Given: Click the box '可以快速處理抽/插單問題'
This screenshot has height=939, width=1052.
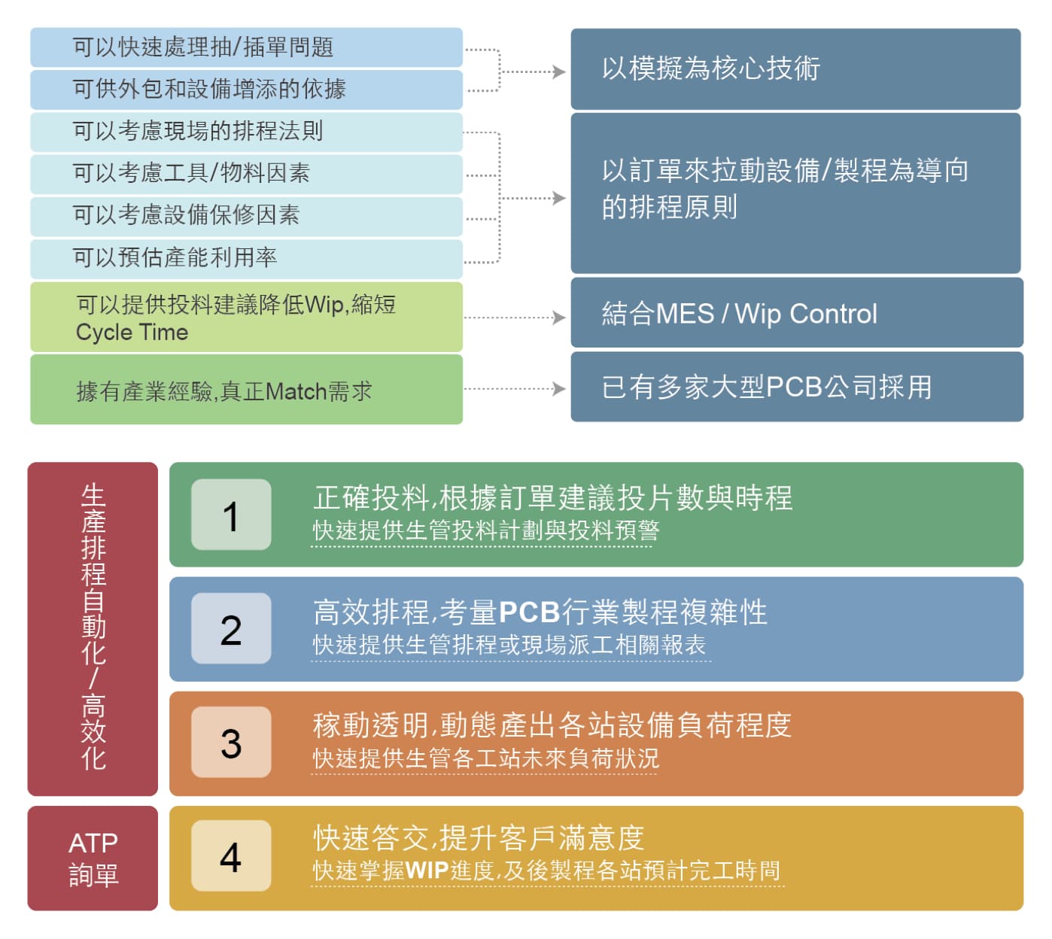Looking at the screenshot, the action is click(246, 47).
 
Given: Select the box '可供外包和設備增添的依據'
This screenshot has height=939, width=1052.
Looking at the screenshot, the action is click(246, 90).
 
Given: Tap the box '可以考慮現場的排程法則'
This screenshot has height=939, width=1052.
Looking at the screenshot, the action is click(246, 132).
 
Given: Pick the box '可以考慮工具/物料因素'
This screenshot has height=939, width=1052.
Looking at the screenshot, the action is click(246, 174).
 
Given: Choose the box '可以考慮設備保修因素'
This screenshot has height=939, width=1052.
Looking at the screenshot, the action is click(246, 216).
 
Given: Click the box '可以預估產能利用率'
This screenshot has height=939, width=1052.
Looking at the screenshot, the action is click(246, 259).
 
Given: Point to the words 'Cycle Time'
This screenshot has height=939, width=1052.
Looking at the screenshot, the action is click(132, 333).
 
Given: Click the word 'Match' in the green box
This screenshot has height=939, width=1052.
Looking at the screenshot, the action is click(296, 391).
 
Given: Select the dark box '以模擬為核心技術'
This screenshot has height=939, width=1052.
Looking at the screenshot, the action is click(795, 68).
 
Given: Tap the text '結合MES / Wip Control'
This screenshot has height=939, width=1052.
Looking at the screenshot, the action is click(739, 314).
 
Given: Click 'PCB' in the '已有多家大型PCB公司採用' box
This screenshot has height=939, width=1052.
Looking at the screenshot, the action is click(795, 387).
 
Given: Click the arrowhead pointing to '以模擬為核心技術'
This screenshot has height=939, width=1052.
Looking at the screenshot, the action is click(559, 71).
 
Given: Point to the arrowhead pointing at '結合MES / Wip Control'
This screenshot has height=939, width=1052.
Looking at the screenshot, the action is click(559, 318).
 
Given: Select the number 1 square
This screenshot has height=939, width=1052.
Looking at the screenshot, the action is click(231, 514).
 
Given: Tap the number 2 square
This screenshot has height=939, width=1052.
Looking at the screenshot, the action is click(231, 628).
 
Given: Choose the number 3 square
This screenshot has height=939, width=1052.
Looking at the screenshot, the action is click(231, 742).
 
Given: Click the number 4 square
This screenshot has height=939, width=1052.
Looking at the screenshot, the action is click(231, 855).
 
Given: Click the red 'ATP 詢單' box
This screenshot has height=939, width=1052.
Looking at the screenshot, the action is click(93, 858).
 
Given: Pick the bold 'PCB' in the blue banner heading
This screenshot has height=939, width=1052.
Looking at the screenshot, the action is click(529, 612).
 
